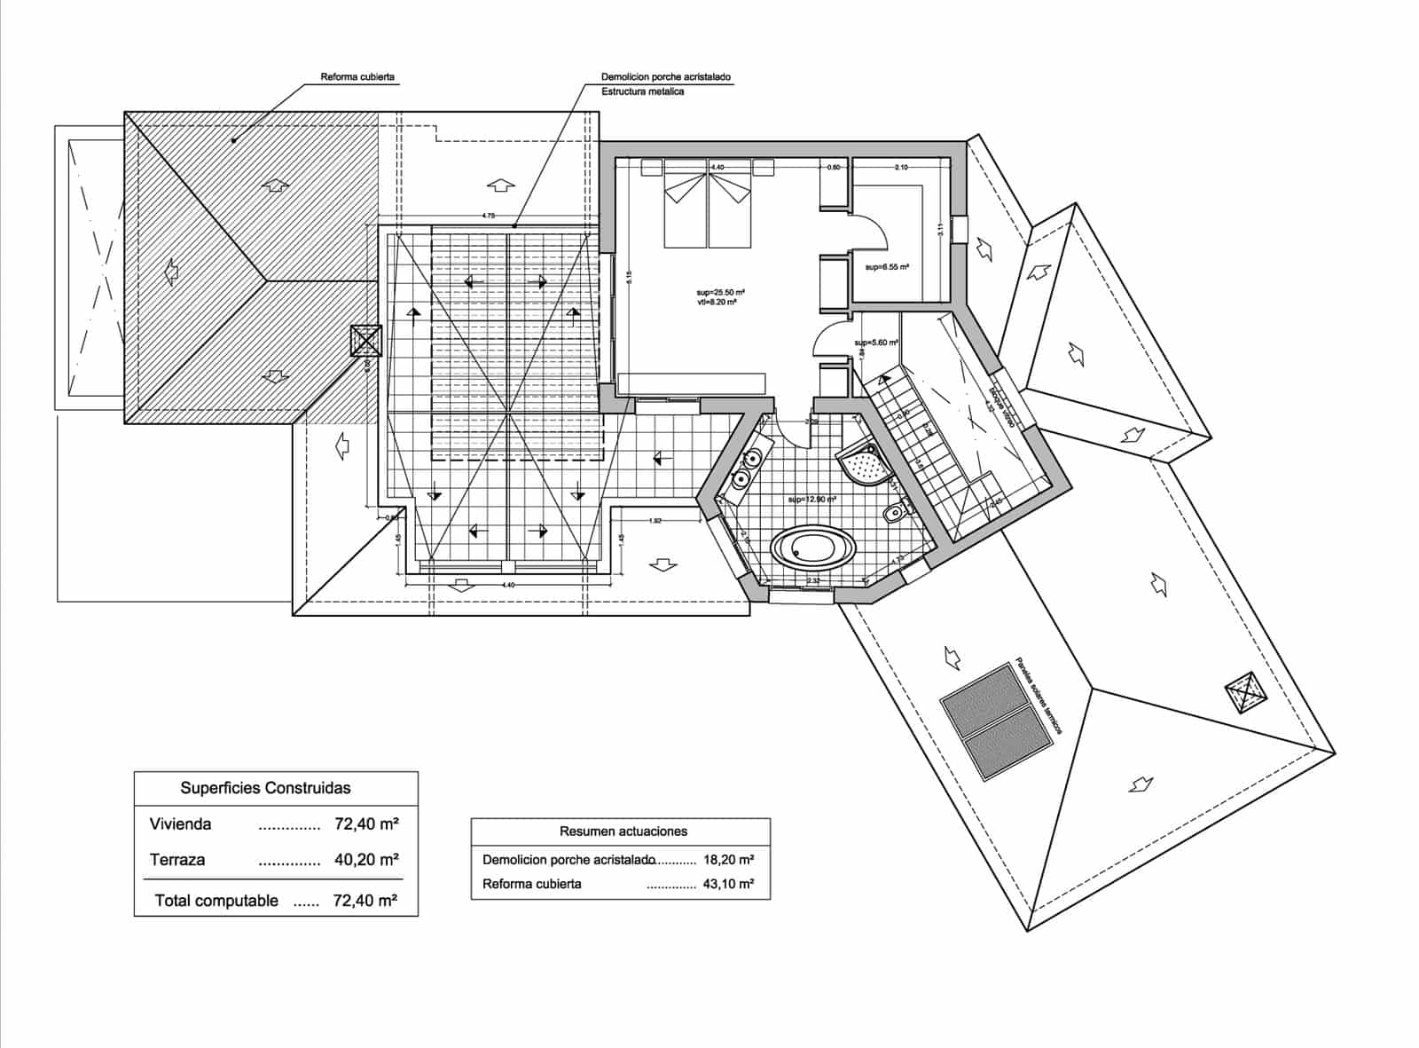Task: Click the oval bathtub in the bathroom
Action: tap(814, 548)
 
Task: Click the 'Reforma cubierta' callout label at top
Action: tap(357, 77)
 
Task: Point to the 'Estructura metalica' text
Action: tap(642, 91)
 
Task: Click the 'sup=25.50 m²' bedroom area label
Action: tap(719, 292)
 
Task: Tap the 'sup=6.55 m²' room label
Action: tap(889, 266)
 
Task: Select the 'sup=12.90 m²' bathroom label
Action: tap(812, 500)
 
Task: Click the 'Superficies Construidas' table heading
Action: tap(265, 788)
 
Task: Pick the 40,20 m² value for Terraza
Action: tap(366, 859)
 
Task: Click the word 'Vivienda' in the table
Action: tap(181, 824)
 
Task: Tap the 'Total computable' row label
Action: tap(216, 901)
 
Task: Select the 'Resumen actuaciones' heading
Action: tap(623, 831)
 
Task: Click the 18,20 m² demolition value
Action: tap(728, 860)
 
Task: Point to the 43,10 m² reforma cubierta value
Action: tap(728, 884)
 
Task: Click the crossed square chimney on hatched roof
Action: tap(365, 341)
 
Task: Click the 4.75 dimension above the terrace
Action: tap(489, 216)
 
